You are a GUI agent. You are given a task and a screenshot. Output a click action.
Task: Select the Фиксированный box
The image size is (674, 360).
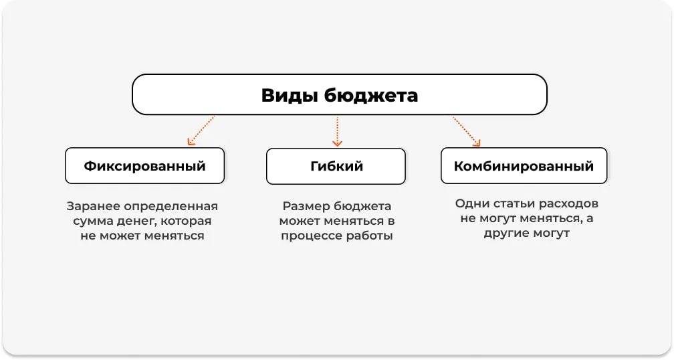click(144, 166)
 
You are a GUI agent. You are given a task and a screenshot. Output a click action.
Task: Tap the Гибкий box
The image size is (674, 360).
click(336, 167)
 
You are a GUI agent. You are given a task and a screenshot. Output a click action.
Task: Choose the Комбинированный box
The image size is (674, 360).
click(524, 166)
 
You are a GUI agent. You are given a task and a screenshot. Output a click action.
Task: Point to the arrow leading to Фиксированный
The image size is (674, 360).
click(201, 130)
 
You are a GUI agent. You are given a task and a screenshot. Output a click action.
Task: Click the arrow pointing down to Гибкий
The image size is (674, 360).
click(337, 131)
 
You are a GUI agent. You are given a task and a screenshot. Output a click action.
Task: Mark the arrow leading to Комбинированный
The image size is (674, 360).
click(467, 131)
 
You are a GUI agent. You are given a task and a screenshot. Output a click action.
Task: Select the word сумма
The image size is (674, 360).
click(90, 221)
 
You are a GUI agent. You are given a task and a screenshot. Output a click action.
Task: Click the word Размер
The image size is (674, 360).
click(307, 206)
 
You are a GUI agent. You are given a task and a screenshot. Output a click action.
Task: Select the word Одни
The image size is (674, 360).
click(471, 203)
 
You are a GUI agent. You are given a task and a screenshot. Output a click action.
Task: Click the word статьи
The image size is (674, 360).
click(513, 203)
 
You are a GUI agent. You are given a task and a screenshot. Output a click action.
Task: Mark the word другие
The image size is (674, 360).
click(510, 234)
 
